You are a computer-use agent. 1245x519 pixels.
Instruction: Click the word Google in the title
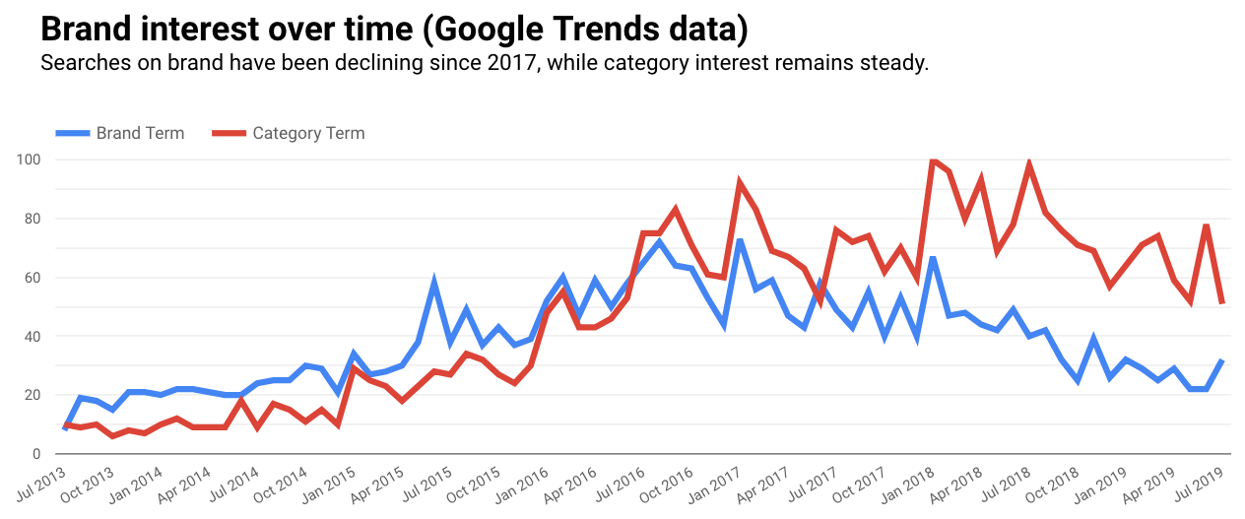click(475, 29)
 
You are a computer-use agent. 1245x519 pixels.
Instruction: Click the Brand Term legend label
click(140, 133)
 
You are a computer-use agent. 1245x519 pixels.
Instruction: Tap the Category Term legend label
click(308, 133)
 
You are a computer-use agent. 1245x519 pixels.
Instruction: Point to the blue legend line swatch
click(72, 133)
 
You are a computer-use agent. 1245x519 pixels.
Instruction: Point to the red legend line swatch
click(229, 133)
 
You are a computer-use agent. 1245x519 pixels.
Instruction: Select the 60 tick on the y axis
click(32, 278)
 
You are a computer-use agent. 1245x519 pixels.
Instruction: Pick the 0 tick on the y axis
click(35, 454)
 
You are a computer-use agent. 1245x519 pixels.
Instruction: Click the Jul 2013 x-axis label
click(41, 483)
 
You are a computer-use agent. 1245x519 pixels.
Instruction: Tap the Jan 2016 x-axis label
click(521, 483)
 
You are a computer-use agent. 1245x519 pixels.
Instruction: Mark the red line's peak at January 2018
click(932, 160)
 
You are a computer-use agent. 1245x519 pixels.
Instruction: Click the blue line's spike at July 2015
click(434, 283)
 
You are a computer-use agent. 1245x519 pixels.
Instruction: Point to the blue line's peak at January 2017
click(739, 239)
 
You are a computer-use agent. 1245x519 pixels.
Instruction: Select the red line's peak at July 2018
click(1028, 164)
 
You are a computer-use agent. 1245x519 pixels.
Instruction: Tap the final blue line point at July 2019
click(1222, 360)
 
